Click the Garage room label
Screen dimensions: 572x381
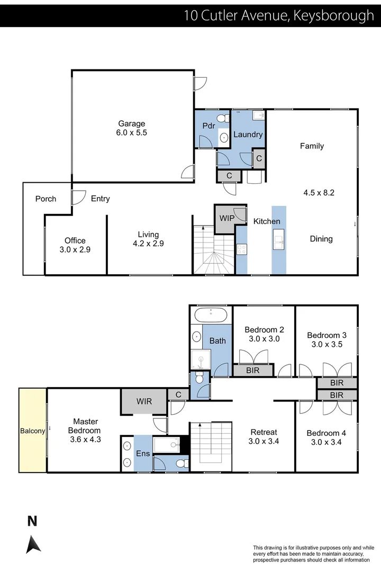coord(131,124)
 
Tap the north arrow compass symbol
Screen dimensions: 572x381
coord(33,543)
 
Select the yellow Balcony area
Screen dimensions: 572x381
coord(33,430)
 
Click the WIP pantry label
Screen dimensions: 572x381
coord(227,218)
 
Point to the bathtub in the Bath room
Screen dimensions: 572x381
coord(211,316)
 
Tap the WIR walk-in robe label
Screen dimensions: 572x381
coord(143,401)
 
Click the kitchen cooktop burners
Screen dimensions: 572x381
coord(241,249)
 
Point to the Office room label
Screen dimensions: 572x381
coord(75,240)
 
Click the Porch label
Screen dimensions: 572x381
coord(46,199)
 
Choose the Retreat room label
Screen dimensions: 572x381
coord(263,432)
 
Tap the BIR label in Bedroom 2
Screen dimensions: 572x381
coord(253,371)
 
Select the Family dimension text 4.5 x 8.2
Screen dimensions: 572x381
coord(319,193)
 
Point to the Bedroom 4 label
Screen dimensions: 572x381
coord(326,433)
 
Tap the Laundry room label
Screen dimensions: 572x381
coord(248,135)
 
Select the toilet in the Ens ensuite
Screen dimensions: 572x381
coord(182,463)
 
